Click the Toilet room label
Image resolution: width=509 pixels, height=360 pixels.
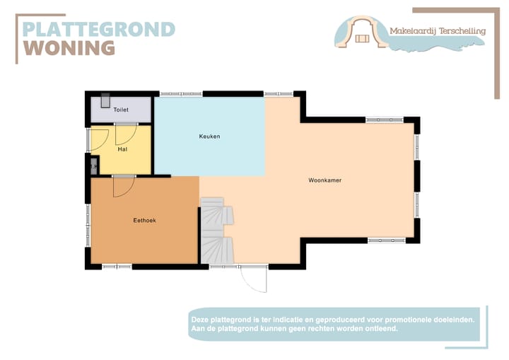pos(121,110)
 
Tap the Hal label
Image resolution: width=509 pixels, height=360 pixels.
pos(122,149)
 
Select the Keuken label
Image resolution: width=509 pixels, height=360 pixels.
pos(209,136)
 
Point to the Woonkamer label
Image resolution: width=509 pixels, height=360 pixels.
pos(324,180)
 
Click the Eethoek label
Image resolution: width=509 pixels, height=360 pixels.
pos(144,221)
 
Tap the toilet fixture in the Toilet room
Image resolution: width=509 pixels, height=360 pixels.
pos(104,100)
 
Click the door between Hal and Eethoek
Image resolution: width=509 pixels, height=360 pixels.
pos(123,185)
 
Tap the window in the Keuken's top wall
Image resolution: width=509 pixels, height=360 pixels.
pos(181,93)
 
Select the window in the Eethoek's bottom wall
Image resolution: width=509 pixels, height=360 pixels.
pos(117,267)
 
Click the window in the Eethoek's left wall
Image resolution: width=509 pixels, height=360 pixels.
pos(88,225)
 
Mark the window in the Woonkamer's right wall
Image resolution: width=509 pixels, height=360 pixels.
pos(416,180)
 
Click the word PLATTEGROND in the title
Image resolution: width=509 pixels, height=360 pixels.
pos(98,29)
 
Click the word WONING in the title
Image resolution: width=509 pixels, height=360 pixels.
pos(69,48)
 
